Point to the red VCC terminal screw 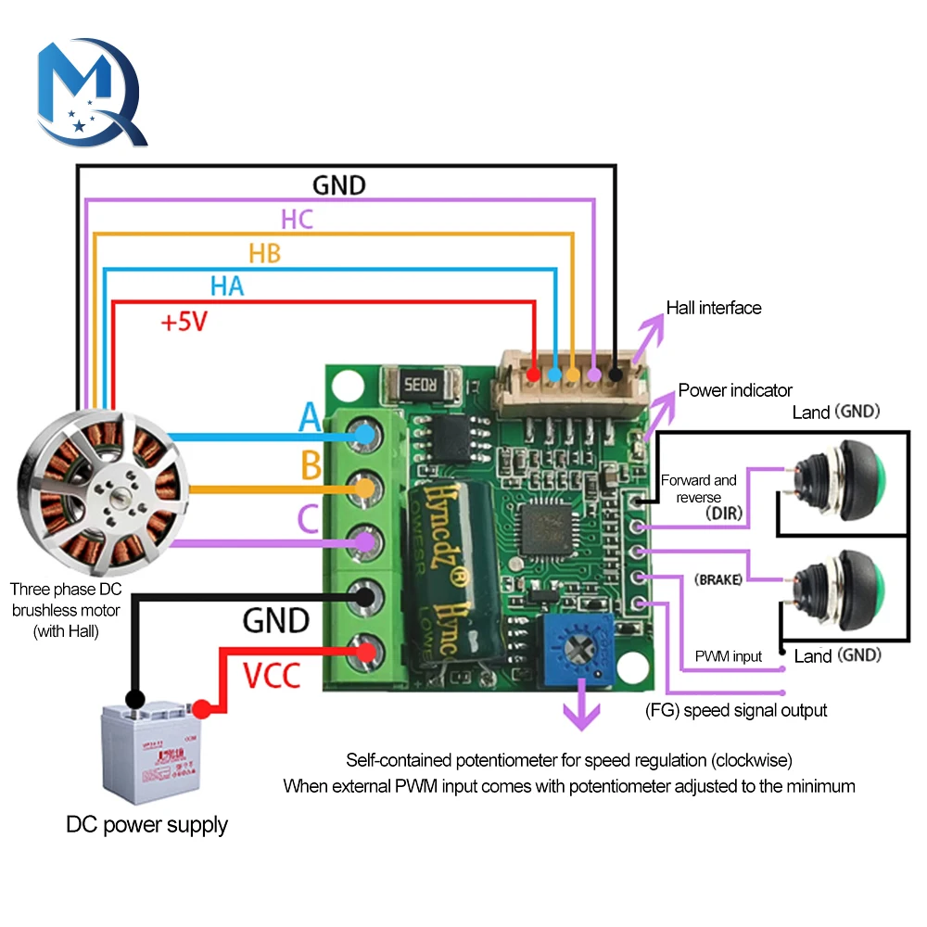click(364, 653)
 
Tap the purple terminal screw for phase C click(364, 541)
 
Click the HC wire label click(297, 220)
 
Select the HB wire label click(264, 253)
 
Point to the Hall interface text click(714, 308)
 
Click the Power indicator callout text click(735, 390)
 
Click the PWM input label click(728, 656)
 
